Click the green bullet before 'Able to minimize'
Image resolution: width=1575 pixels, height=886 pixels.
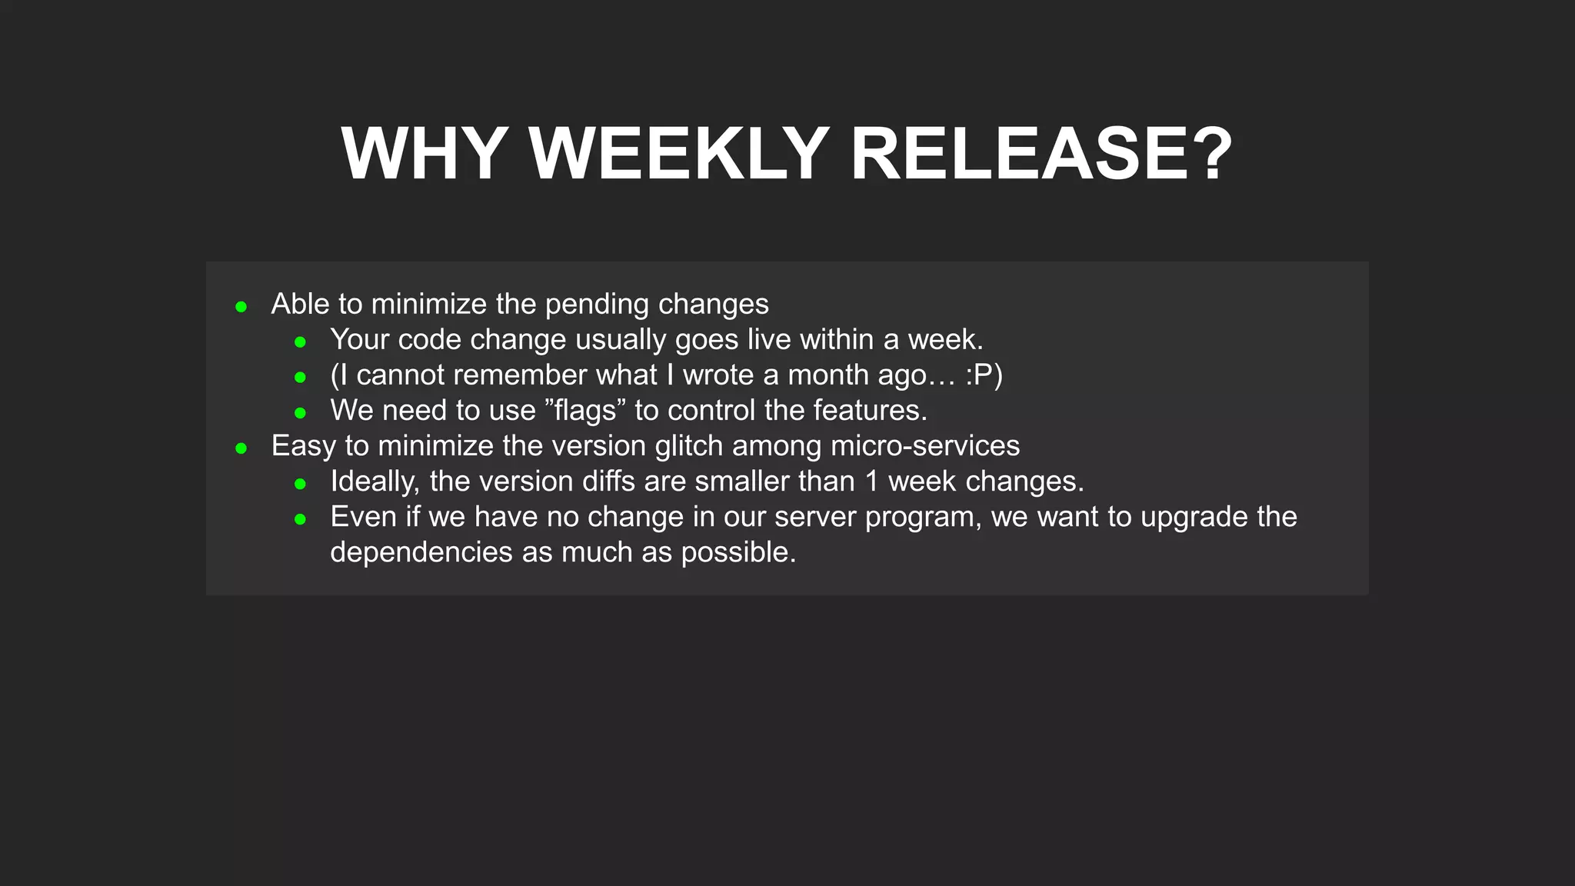241,307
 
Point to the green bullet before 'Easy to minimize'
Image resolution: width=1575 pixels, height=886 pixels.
241,448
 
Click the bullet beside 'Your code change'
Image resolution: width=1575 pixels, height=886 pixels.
301,342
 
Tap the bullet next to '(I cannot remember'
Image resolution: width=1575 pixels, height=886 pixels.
301,378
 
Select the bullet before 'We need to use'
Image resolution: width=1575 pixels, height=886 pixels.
301,413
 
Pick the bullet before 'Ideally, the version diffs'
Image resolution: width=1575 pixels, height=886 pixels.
301,484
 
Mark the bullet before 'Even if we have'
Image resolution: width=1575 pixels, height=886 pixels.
301,519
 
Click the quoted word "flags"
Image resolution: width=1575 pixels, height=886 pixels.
585,411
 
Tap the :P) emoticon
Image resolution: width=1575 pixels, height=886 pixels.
984,375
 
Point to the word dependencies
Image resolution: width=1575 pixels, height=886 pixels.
421,552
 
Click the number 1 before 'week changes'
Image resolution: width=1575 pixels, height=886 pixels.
871,481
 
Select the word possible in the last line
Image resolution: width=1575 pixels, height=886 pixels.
738,552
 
